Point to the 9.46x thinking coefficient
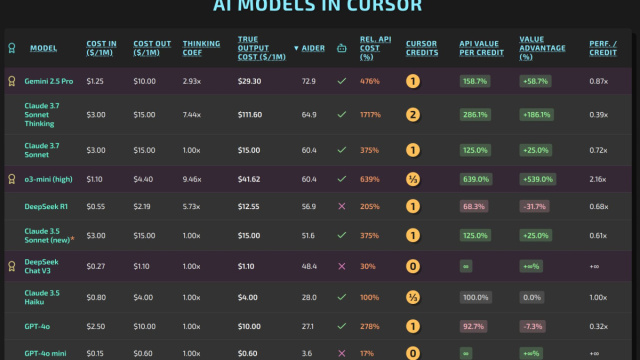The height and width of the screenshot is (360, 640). tap(194, 178)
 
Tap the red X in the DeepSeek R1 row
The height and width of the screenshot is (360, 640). tap(342, 206)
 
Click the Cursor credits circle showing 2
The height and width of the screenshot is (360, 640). tap(412, 114)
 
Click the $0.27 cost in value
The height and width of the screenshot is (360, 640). tap(97, 268)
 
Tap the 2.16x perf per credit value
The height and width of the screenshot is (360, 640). tap(597, 178)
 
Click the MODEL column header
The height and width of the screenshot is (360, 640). tap(43, 48)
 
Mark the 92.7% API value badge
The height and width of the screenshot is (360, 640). tap(474, 326)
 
